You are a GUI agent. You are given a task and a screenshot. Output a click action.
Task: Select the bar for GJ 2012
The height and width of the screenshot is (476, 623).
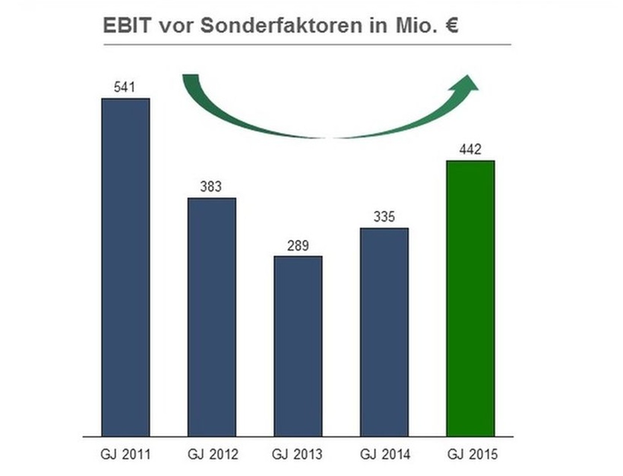click(x=212, y=317)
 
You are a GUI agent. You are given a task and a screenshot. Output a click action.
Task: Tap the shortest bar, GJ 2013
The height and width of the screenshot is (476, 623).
click(x=298, y=346)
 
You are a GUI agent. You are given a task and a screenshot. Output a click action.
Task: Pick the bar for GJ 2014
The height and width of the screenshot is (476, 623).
click(x=384, y=332)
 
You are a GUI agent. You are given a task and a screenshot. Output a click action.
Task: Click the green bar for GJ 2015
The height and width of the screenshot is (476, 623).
click(x=470, y=298)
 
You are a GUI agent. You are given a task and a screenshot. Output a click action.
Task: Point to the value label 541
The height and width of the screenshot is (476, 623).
click(x=124, y=87)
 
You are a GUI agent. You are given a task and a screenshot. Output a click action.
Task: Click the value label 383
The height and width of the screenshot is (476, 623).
click(x=210, y=187)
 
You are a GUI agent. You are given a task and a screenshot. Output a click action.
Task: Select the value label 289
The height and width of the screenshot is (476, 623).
click(x=298, y=245)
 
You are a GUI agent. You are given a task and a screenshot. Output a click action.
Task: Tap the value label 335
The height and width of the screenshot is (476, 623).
click(x=384, y=217)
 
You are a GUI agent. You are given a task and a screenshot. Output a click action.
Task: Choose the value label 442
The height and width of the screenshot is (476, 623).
click(x=470, y=150)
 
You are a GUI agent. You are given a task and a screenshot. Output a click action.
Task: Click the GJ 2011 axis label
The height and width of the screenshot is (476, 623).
click(x=125, y=455)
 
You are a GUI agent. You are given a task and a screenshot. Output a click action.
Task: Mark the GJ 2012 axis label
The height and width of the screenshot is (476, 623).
click(x=212, y=455)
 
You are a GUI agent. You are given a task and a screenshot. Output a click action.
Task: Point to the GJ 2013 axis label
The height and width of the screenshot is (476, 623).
click(x=298, y=455)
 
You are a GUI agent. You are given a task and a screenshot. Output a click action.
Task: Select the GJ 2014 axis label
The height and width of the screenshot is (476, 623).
click(x=384, y=455)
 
